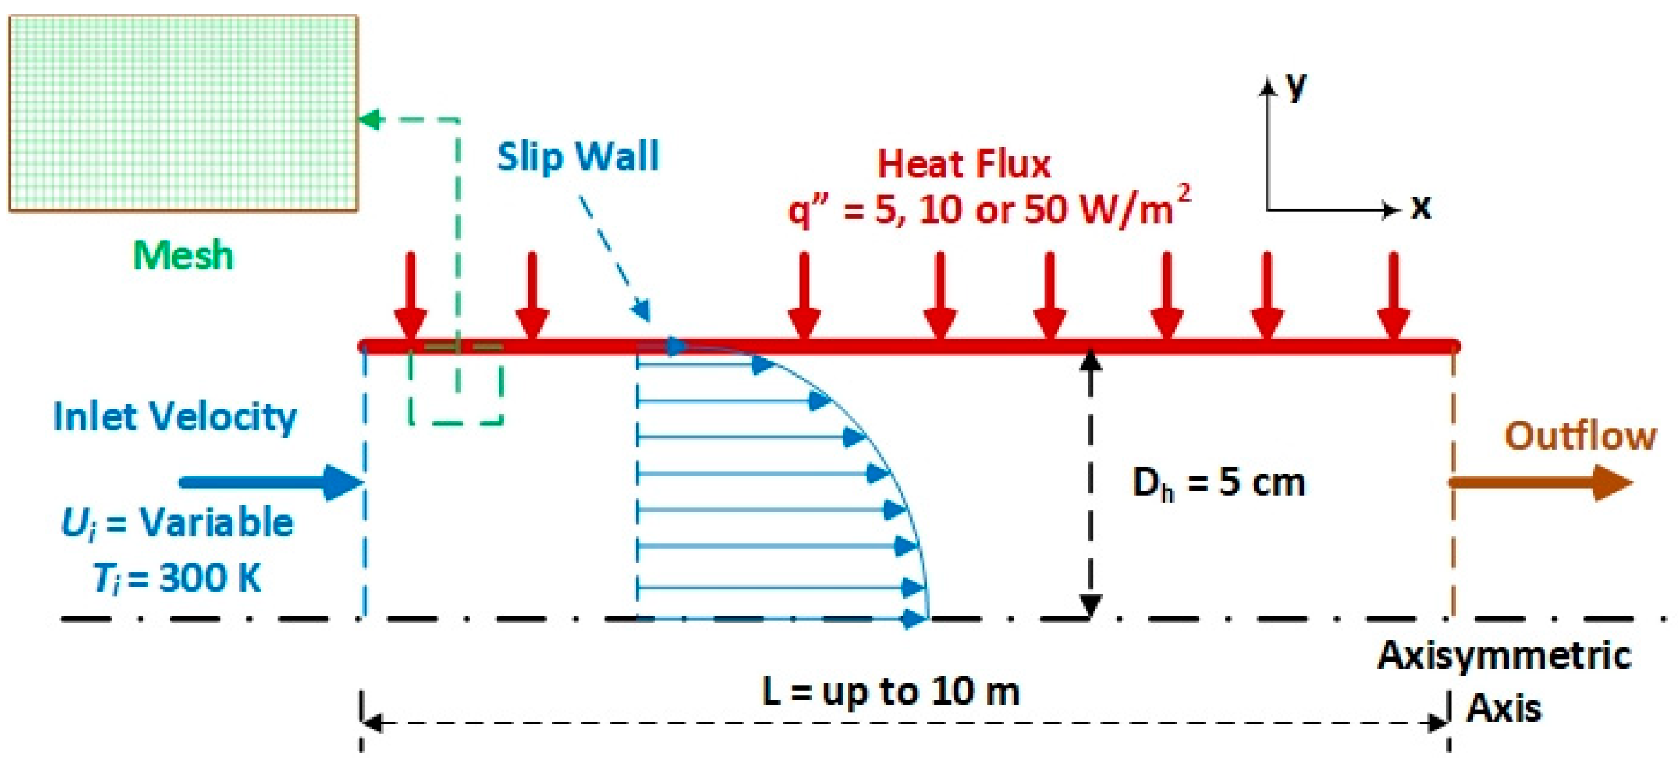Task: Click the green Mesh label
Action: coord(183,255)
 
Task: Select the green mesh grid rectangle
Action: coord(183,114)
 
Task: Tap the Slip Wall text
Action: coord(579,156)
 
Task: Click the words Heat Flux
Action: coord(964,163)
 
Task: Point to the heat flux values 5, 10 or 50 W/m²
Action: coord(989,208)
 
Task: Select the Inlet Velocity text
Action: coord(175,417)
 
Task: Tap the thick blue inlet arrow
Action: coord(271,483)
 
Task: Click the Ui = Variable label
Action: coord(177,523)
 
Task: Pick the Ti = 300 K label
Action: coord(177,578)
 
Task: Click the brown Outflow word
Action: coord(1581,436)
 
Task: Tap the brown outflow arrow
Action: coord(1541,483)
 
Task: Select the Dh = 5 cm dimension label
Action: coord(1219,483)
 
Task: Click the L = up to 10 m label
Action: coord(890,691)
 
